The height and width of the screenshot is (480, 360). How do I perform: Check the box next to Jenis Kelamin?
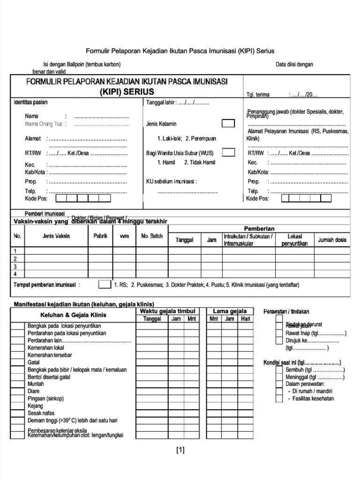tap(228, 124)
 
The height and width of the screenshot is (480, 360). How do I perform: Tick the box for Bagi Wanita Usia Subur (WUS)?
tap(228, 152)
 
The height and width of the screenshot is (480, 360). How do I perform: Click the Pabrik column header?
tap(100, 236)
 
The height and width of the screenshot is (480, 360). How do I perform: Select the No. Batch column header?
tap(151, 236)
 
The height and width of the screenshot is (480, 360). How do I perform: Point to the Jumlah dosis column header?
tap(332, 240)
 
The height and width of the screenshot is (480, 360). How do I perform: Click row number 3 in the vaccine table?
tap(15, 266)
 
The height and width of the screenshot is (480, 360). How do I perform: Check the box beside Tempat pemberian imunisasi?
tap(104, 285)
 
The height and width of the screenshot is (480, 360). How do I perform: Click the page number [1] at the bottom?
tap(180, 451)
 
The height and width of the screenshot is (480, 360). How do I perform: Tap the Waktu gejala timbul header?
tap(167, 311)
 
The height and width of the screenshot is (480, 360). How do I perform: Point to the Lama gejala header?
tap(230, 311)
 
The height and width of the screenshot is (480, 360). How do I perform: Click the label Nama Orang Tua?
tap(45, 124)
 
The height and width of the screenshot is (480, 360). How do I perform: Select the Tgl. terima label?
tap(258, 95)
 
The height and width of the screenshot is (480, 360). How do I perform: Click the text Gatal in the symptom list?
tap(33, 362)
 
